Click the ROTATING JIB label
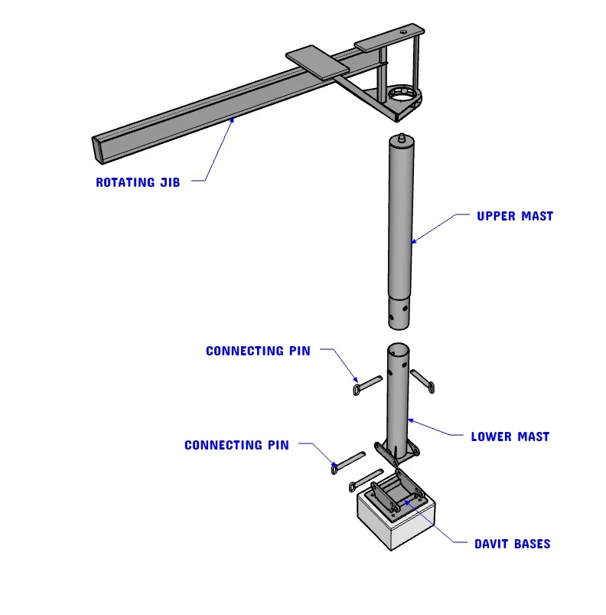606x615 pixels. point(138,182)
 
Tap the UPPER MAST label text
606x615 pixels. point(514,216)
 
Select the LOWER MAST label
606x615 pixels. point(510,437)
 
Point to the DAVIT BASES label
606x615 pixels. point(512,544)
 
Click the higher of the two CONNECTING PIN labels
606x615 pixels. point(258,351)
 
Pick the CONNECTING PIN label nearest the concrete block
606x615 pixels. point(236,445)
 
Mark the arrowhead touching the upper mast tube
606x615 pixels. point(413,242)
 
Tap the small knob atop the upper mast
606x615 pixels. point(403,139)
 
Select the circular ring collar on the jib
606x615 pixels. point(403,96)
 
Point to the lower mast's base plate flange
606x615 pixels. point(396,453)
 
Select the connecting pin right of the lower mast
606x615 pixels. point(422,381)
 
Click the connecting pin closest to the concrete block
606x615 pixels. point(365,480)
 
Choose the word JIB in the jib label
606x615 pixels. point(170,182)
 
